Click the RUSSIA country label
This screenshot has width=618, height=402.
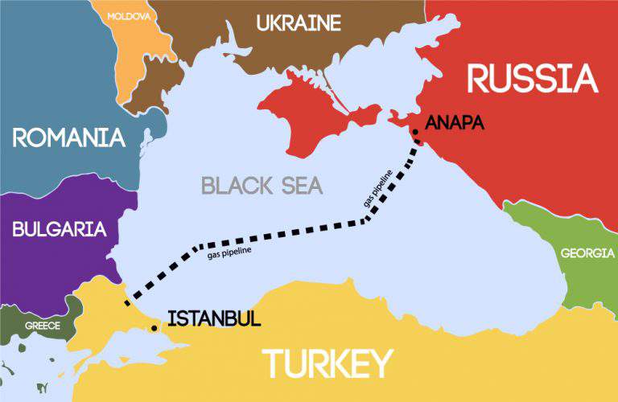click(533, 79)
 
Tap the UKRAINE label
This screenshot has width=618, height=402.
click(299, 23)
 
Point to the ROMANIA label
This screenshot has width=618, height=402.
click(69, 137)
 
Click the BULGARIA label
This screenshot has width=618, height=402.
click(60, 229)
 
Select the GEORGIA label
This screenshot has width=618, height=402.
click(587, 253)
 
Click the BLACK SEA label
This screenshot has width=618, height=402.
click(262, 187)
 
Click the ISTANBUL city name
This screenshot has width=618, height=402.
click(214, 319)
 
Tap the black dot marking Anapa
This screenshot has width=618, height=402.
click(414, 130)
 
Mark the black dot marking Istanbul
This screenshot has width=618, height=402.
click(154, 328)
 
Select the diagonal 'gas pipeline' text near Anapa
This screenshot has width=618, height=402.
click(378, 190)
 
